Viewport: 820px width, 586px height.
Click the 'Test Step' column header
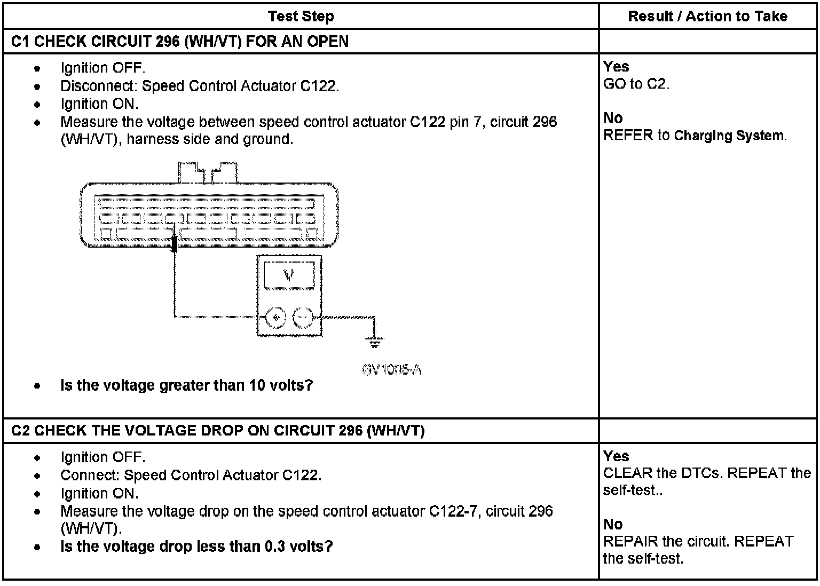tap(301, 16)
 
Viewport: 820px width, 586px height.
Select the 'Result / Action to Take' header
tap(707, 16)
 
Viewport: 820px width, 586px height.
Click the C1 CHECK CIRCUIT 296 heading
tap(179, 42)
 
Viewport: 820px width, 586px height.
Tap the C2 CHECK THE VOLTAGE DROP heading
tap(217, 431)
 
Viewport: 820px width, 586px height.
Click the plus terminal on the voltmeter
tap(276, 318)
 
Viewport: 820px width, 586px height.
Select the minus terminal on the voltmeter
tap(303, 318)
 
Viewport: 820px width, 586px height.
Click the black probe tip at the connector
tap(174, 243)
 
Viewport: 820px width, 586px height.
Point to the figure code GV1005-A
tap(392, 369)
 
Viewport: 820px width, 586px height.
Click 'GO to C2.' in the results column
tap(636, 84)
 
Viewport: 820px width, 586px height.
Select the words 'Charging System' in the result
tap(729, 136)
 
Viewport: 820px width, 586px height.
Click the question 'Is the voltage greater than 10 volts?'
tap(186, 385)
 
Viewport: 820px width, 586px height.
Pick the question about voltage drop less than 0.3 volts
tap(196, 547)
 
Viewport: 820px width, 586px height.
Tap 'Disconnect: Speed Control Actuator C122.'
tap(199, 86)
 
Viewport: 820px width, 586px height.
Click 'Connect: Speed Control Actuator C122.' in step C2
tap(191, 475)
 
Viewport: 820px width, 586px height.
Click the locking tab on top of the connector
tap(209, 172)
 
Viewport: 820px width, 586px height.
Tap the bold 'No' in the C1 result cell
tap(613, 118)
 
